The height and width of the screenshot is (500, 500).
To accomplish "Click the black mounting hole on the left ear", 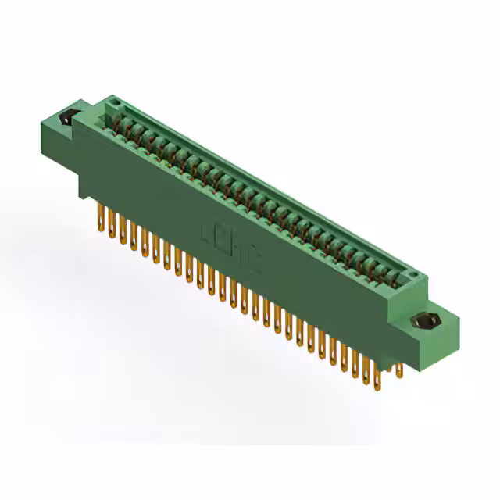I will [x=67, y=118].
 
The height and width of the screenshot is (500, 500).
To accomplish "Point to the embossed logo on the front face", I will [x=233, y=247].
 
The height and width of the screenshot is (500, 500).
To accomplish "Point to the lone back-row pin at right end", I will [x=399, y=367].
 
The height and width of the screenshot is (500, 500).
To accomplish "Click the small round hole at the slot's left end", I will [x=114, y=102].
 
